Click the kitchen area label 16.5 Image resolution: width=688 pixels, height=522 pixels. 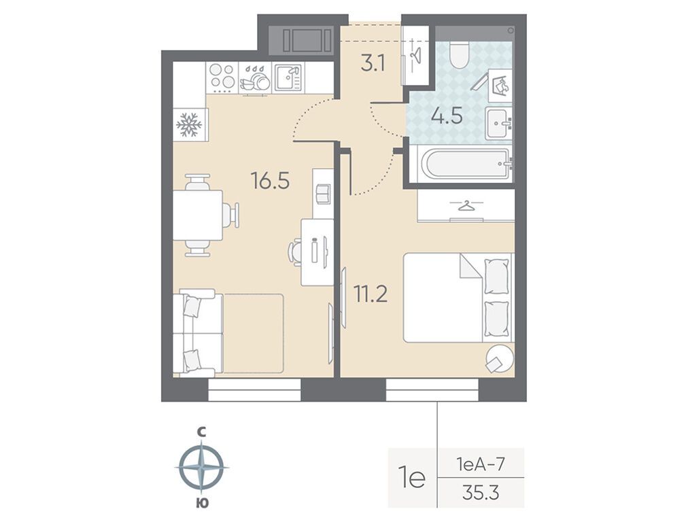[271, 180]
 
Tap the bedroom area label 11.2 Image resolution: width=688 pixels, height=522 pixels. [371, 294]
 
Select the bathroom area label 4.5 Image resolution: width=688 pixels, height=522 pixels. [447, 117]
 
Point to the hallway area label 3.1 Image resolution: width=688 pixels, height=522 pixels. [373, 64]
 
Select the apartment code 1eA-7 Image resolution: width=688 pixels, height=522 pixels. [480, 464]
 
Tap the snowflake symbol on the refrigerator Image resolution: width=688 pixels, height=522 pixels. [189, 124]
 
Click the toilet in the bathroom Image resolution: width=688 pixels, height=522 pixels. [460, 55]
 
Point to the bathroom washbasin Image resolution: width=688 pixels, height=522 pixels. [499, 123]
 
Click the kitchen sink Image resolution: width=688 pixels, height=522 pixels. [288, 78]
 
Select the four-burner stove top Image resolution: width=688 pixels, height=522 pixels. [222, 77]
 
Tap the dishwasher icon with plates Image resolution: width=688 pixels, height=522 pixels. [254, 79]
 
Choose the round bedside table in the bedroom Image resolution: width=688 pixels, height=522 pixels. [499, 358]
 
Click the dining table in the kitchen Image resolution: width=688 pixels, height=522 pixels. [198, 215]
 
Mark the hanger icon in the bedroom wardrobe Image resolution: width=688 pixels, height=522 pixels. [466, 205]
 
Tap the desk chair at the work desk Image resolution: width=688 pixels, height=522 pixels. [295, 252]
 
